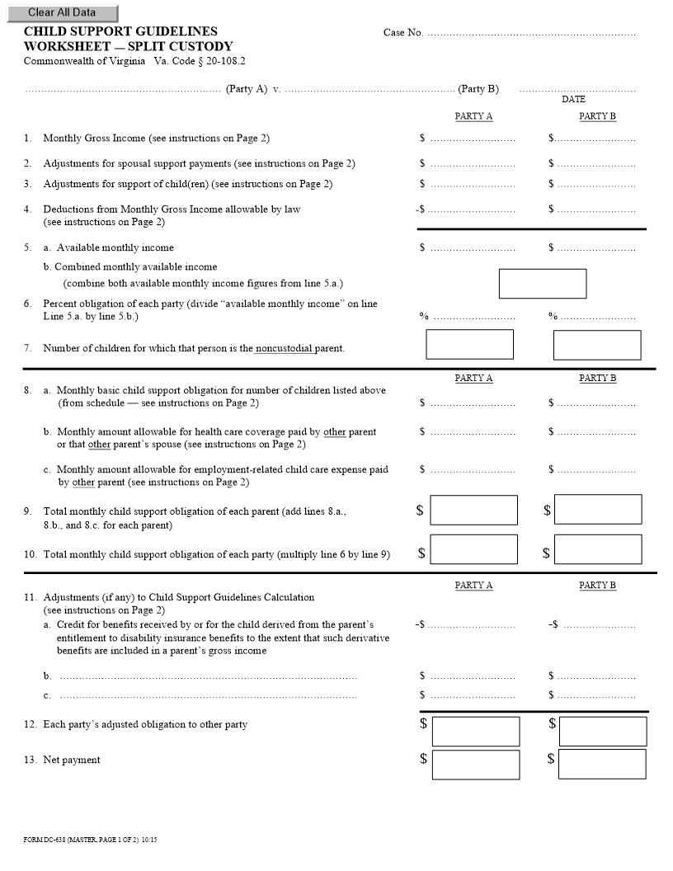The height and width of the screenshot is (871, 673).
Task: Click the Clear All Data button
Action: click(x=61, y=13)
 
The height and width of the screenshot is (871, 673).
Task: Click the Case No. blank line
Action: click(x=532, y=34)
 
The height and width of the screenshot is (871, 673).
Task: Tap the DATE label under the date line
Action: click(x=573, y=99)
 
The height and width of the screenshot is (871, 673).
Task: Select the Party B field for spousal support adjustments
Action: click(x=595, y=164)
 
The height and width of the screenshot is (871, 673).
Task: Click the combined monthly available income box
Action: click(x=542, y=284)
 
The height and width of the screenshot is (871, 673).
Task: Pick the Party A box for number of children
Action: click(x=469, y=345)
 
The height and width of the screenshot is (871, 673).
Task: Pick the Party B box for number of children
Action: click(x=596, y=345)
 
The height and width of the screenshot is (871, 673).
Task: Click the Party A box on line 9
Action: click(x=473, y=510)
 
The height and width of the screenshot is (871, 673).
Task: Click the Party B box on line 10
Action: click(x=597, y=549)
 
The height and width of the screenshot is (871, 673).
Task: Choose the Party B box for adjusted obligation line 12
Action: click(x=602, y=731)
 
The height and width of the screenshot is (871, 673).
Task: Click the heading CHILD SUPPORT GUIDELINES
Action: click(x=120, y=31)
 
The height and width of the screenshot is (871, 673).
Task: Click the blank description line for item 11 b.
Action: click(x=208, y=676)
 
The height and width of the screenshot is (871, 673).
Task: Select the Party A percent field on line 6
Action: click(x=473, y=317)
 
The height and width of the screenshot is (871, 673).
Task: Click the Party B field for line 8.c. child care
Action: click(x=595, y=470)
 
